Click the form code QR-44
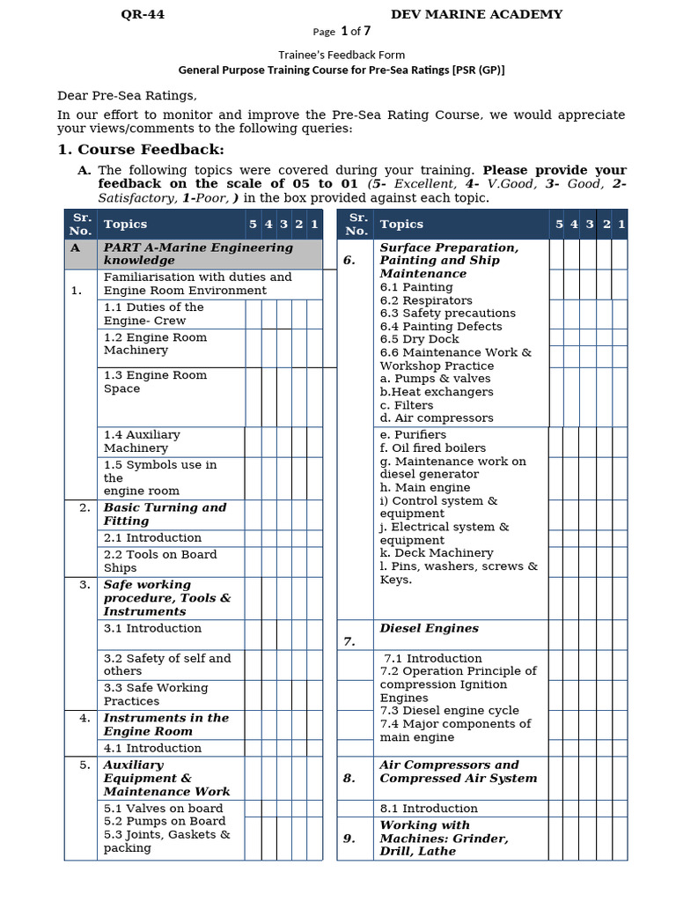[142, 14]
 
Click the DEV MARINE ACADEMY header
[476, 14]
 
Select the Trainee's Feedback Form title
[342, 55]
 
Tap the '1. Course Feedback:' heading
[141, 150]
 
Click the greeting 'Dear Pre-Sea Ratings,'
[128, 96]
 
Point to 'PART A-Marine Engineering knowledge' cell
[198, 254]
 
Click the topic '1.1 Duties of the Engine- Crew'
[153, 314]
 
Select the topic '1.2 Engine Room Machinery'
[155, 344]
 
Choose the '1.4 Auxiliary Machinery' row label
[142, 441]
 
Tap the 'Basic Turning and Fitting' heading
[165, 514]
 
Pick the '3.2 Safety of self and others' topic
[166, 664]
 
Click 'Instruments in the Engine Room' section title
[165, 724]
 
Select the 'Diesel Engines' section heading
[429, 628]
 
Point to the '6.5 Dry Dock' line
[419, 339]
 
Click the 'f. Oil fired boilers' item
[432, 447]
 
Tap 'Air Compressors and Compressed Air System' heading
[458, 772]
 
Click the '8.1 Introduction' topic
[429, 808]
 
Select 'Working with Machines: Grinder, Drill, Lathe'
[444, 838]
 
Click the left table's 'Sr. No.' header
[81, 224]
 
